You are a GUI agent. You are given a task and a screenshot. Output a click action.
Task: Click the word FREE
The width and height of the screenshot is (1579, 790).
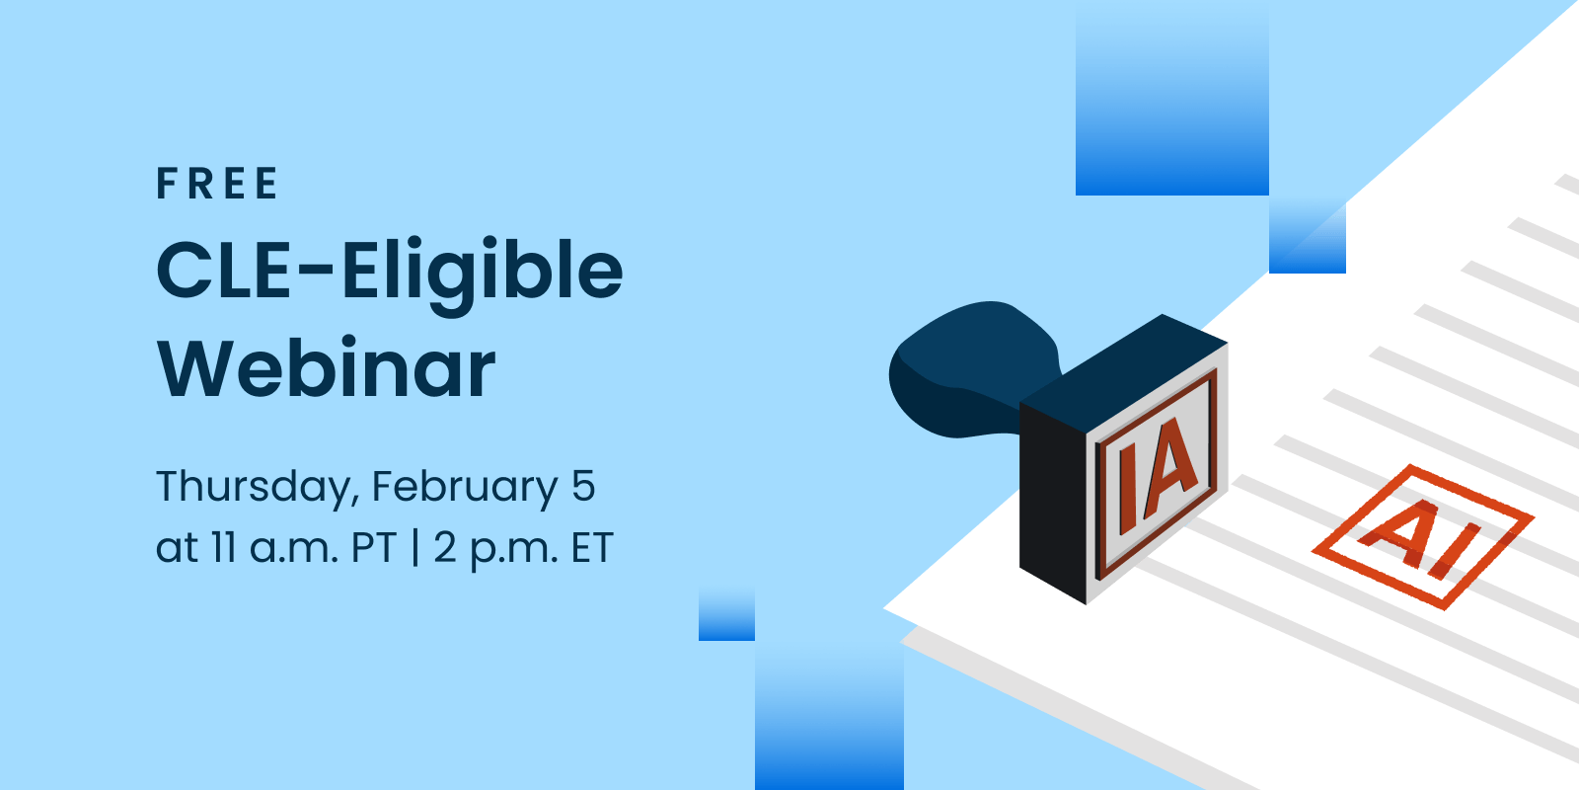click(x=217, y=184)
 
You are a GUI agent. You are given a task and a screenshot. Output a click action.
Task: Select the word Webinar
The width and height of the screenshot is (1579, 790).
click(x=327, y=368)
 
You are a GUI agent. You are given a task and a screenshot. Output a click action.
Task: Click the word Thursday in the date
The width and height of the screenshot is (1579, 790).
click(x=253, y=487)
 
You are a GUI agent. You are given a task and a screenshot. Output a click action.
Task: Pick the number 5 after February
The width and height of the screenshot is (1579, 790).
click(x=583, y=486)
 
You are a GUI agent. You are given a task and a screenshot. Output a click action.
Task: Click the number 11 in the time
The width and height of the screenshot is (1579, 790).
click(x=223, y=547)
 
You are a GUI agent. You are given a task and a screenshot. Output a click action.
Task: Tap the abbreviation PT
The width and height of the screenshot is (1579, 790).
click(x=374, y=547)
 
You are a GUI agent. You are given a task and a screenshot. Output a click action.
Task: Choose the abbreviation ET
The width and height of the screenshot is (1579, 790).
click(x=592, y=547)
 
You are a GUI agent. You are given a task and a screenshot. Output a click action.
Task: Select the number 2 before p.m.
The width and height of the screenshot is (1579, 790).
click(x=445, y=547)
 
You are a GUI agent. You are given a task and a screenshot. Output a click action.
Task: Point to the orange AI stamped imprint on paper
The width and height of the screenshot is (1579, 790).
click(x=1422, y=537)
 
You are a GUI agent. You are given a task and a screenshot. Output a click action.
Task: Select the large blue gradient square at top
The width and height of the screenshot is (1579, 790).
click(x=1171, y=99)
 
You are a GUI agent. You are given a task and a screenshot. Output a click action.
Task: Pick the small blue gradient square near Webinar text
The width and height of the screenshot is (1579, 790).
click(x=726, y=612)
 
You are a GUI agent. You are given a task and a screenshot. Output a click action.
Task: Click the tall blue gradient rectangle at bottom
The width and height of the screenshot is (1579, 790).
click(x=829, y=716)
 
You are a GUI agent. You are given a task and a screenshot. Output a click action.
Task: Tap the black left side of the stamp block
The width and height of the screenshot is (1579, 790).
click(x=1053, y=505)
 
